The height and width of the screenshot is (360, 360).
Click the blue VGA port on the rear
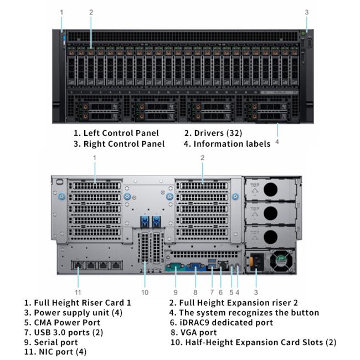[x=196, y=267]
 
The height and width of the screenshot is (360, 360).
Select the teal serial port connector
[x=175, y=267]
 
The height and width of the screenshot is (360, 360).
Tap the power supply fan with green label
[x=281, y=261]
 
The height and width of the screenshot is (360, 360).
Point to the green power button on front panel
[x=303, y=34]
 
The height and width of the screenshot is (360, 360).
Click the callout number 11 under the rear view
[x=78, y=292]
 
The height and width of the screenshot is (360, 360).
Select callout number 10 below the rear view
[x=145, y=292]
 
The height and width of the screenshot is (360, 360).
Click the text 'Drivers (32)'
[x=218, y=133]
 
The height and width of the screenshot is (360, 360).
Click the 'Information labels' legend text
[x=232, y=144]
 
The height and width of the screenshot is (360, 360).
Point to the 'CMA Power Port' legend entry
[x=67, y=322]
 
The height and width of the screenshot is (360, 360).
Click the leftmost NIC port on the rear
[x=78, y=265]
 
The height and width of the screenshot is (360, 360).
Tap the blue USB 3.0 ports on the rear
[x=212, y=263]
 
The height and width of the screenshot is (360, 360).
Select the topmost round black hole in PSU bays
[x=270, y=189]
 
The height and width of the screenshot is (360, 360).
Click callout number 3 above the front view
[x=307, y=12]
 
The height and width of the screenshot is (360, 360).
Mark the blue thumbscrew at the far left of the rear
[x=62, y=197]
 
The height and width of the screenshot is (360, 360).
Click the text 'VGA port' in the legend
[x=199, y=332]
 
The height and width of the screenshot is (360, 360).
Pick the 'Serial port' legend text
[x=56, y=342]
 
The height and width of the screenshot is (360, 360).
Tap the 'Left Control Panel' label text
[x=121, y=133]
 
